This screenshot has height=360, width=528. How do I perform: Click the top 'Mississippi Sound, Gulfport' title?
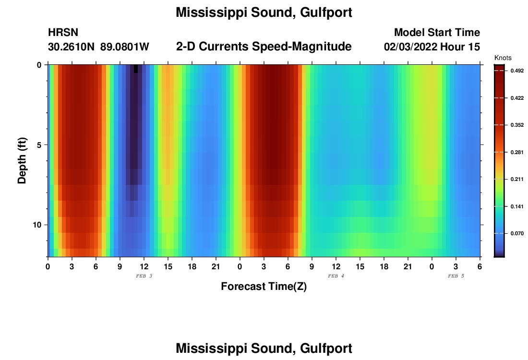pyautogui.click(x=264, y=13)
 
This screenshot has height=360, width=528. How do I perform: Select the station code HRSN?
pyautogui.click(x=63, y=33)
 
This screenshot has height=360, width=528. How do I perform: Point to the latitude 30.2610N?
pyautogui.click(x=72, y=47)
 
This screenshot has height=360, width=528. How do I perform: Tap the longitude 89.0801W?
pyautogui.click(x=125, y=47)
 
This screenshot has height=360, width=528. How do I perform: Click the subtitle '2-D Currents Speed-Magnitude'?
pyautogui.click(x=264, y=47)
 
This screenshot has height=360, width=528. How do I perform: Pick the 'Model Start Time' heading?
pyautogui.click(x=437, y=33)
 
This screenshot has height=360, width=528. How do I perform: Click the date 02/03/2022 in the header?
pyautogui.click(x=410, y=47)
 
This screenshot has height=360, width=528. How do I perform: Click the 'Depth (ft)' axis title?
pyautogui.click(x=22, y=161)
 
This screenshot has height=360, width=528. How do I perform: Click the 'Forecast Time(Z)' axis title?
pyautogui.click(x=264, y=287)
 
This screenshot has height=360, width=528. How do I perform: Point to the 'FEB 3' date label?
pyautogui.click(x=144, y=276)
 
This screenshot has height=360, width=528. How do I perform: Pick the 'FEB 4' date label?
pyautogui.click(x=336, y=276)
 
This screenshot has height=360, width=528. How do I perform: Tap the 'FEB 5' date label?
pyautogui.click(x=456, y=276)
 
